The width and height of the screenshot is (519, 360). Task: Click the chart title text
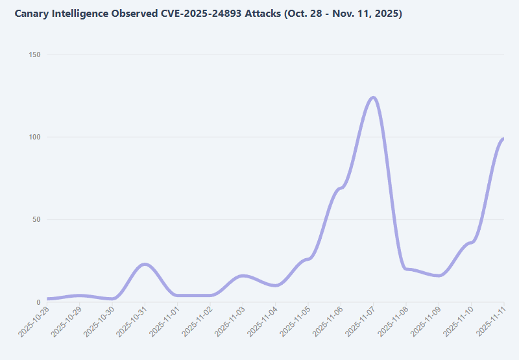[208, 14]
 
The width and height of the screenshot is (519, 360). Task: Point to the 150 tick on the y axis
[34, 54]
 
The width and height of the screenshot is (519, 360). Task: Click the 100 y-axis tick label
[34, 137]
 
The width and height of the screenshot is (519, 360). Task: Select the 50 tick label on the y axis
[36, 219]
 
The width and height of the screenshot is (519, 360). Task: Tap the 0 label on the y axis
[38, 302]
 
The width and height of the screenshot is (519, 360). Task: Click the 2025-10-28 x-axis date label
[34, 322]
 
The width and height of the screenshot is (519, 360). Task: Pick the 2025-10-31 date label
[132, 322]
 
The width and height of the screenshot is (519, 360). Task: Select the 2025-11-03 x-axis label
[230, 322]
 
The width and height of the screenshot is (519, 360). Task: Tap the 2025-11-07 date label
[360, 322]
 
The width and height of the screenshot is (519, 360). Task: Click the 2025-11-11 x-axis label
[491, 322]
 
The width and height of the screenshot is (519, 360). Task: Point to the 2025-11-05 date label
[295, 322]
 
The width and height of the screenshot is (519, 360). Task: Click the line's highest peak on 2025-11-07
[373, 97]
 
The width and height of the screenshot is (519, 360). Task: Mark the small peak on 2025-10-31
[145, 264]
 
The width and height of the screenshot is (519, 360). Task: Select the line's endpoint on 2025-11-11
[503, 138]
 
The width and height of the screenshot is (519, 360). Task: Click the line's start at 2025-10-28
[47, 298]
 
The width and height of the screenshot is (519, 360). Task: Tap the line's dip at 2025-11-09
[439, 275]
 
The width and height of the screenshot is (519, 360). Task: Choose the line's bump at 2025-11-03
[243, 276]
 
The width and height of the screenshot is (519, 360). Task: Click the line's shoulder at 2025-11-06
[341, 187]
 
